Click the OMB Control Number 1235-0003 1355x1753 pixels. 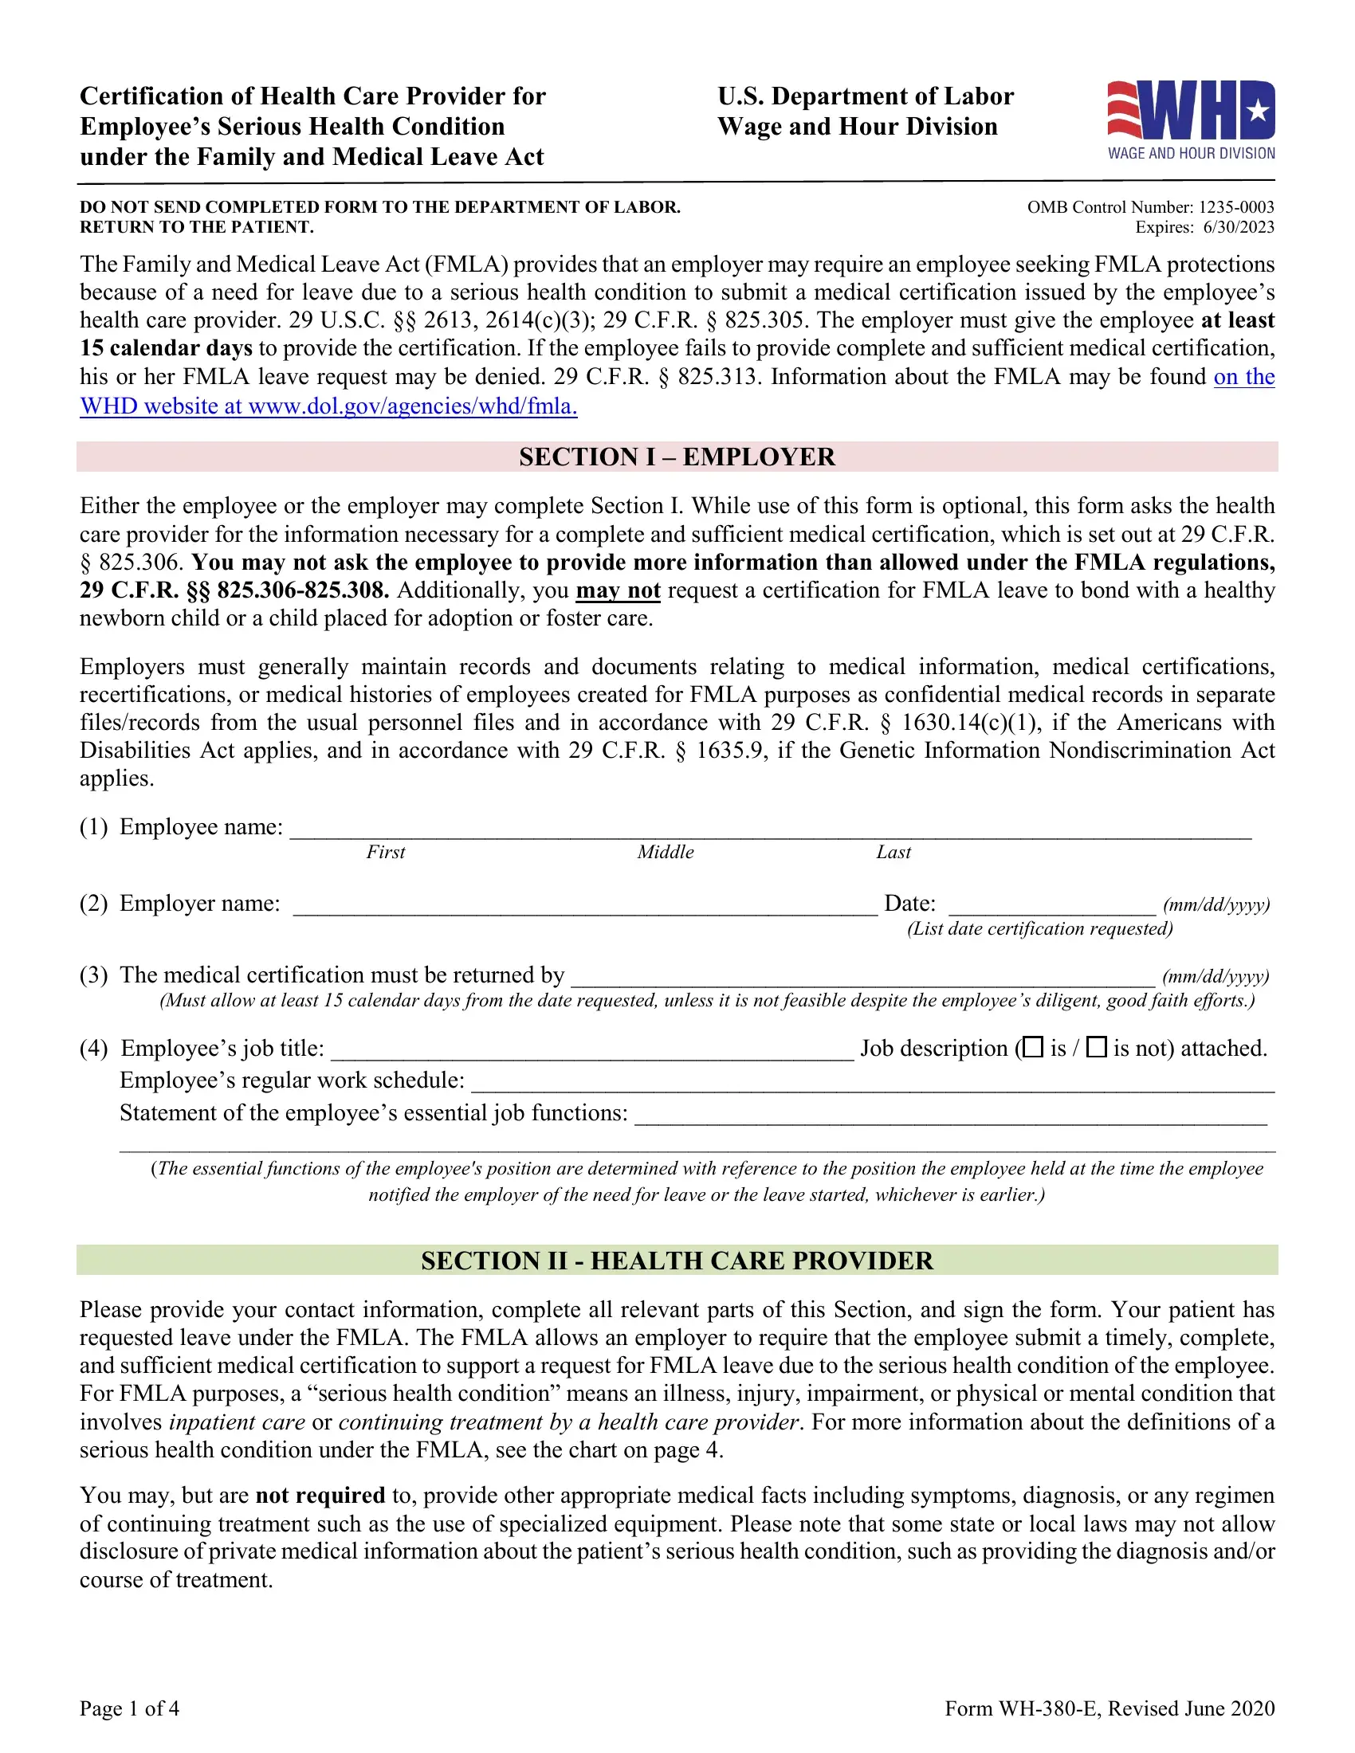[1150, 207]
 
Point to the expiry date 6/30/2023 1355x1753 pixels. [1239, 227]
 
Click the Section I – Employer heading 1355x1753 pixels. [677, 457]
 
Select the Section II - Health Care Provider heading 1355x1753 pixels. [677, 1261]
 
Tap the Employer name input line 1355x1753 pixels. [584, 906]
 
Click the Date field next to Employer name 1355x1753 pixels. [1051, 906]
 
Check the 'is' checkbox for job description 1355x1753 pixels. [1034, 1047]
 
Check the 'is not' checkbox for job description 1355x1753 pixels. [1096, 1047]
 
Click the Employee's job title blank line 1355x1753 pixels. [591, 1051]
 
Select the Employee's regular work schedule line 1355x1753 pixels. [872, 1083]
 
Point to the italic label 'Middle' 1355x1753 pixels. [666, 853]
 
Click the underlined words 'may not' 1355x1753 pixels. [618, 590]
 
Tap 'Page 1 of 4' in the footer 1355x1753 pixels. [129, 1708]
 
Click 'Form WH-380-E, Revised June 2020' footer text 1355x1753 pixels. [1110, 1708]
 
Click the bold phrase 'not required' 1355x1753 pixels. [320, 1496]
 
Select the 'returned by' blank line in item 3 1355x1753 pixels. [862, 978]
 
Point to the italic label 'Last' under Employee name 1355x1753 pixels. [894, 853]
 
